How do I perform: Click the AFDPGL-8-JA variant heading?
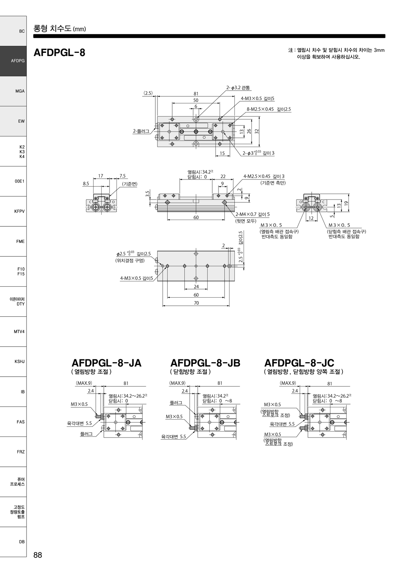(107, 363)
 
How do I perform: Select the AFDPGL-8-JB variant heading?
(205, 363)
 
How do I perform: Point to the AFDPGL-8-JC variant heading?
(299, 363)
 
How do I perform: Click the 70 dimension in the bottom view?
(196, 303)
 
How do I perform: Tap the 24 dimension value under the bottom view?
(196, 287)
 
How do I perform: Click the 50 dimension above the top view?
(196, 100)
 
